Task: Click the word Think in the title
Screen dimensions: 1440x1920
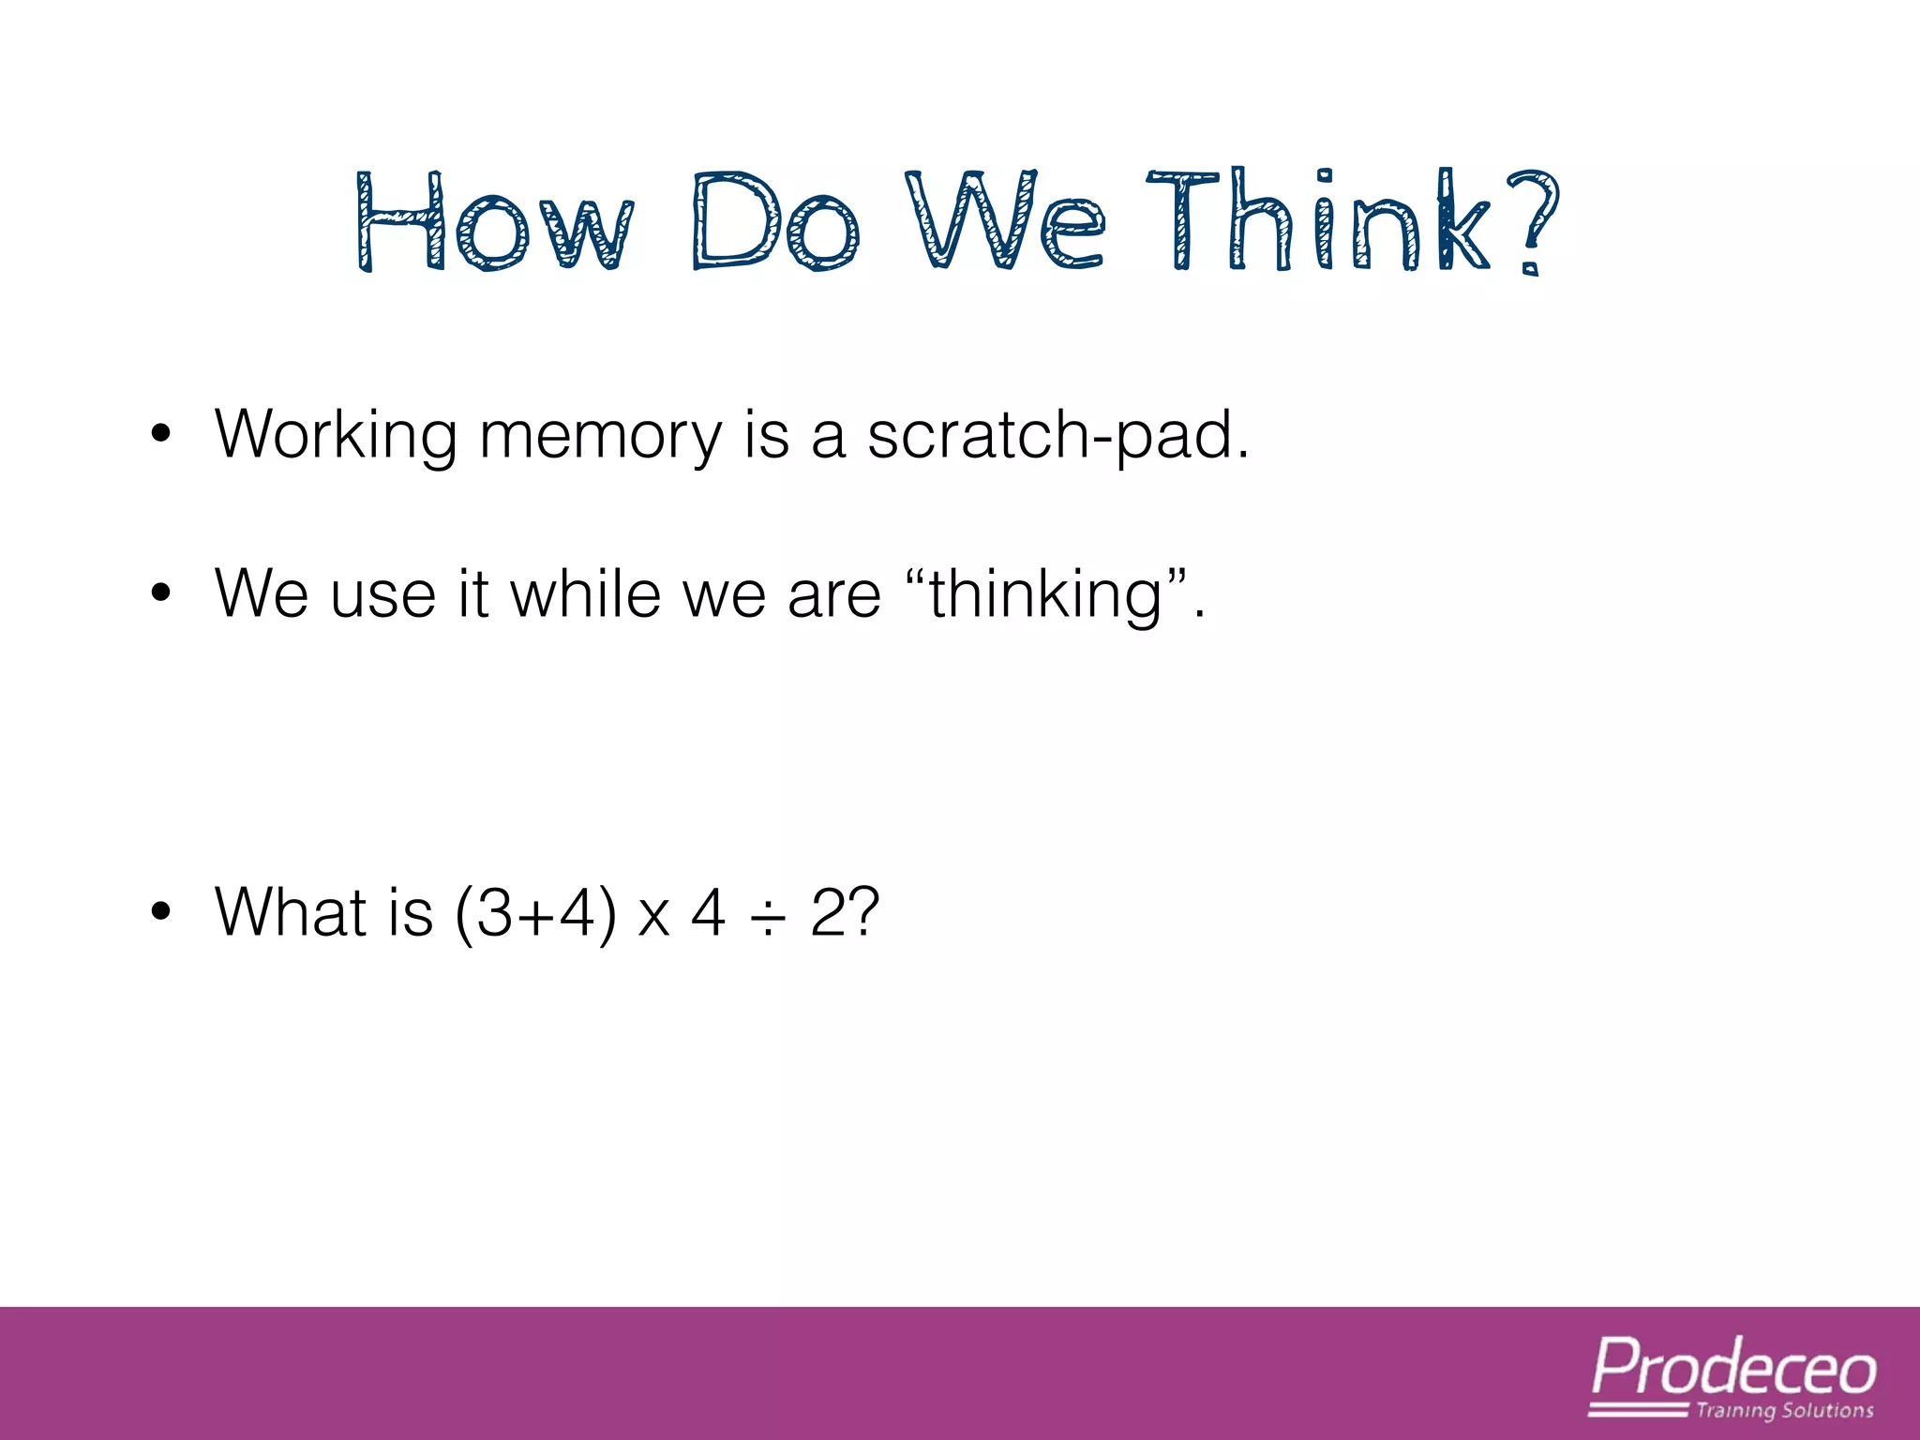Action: tap(1317, 221)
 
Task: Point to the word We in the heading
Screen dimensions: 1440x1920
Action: tap(1005, 221)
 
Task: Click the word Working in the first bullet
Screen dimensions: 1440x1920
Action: tap(336, 436)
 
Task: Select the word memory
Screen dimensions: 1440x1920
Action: tap(600, 436)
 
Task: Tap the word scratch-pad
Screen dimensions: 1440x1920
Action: tap(1057, 436)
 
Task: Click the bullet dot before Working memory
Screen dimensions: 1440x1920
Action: tap(161, 434)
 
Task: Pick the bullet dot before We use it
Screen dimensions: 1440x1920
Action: tap(161, 593)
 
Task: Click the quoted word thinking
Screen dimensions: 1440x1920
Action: tap(1046, 595)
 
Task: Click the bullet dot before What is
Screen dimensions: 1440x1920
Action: tap(161, 911)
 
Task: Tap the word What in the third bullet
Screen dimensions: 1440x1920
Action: tap(291, 911)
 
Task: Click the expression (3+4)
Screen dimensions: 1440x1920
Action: tap(535, 913)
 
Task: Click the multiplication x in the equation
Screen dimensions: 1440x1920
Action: tap(654, 917)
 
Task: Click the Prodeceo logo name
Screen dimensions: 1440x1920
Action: tap(1734, 1369)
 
